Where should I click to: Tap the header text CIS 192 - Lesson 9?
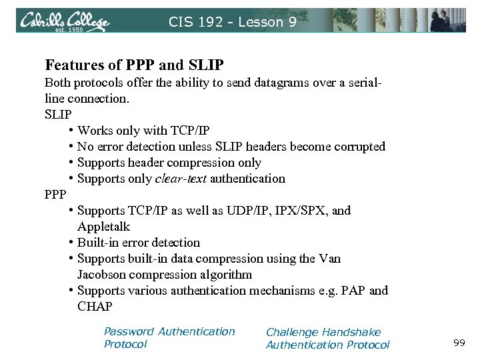click(232, 22)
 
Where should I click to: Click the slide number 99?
click(459, 343)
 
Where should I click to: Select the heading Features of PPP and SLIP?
click(134, 65)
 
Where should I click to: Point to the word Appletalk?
click(103, 227)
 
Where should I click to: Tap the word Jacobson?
click(101, 275)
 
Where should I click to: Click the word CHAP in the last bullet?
click(95, 307)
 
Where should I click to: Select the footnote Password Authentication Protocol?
click(169, 337)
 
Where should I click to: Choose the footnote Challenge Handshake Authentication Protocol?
click(327, 338)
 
